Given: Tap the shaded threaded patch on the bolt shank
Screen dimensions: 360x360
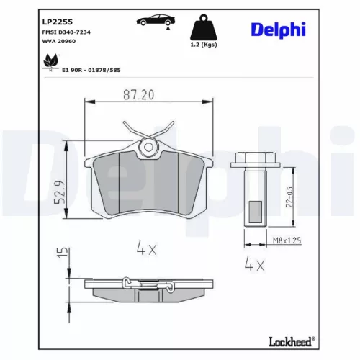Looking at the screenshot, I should click(256, 209).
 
